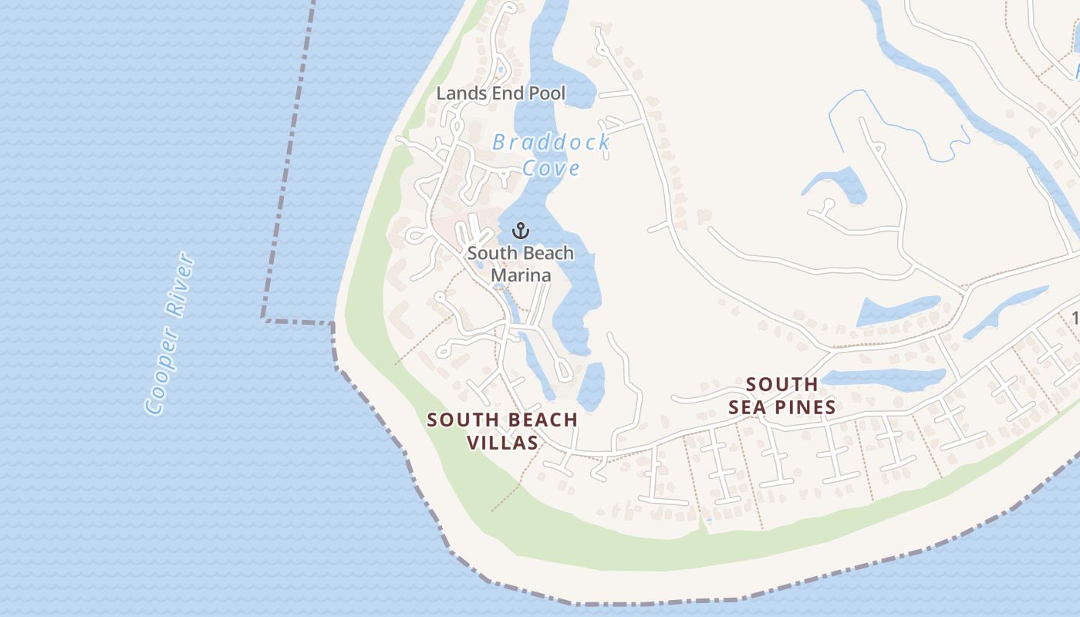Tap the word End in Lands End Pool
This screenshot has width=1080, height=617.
pos(501,94)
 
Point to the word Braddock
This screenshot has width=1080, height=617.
pos(551,143)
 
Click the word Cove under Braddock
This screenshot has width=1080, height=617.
pos(551,167)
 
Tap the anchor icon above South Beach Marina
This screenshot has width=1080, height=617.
pos(521,231)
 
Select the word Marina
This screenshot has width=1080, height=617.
pos(521,275)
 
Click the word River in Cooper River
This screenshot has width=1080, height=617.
pos(181,285)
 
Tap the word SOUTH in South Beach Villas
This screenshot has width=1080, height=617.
pos(460,420)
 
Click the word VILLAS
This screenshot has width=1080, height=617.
pos(503,443)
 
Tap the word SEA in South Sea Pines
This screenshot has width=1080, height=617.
pos(747,406)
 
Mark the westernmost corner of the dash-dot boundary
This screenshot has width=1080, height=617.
pos(263,318)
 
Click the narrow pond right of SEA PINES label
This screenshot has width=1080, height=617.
pos(887,378)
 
